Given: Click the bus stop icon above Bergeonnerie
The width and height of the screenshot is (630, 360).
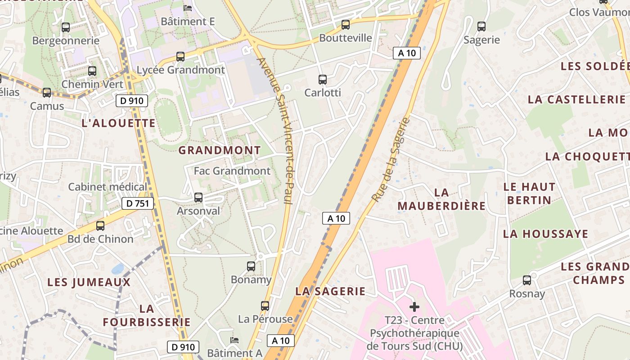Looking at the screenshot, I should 66,27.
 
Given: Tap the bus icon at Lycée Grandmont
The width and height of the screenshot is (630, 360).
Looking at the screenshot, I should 180,57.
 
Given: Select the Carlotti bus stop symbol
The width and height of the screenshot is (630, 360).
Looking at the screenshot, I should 323,80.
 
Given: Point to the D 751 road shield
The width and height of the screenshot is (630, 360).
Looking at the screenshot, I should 138,203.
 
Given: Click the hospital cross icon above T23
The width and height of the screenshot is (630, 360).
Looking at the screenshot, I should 414,307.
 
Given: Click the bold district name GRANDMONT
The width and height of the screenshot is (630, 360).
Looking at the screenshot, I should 220,150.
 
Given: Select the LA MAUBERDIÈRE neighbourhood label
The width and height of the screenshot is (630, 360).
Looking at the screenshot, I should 442,199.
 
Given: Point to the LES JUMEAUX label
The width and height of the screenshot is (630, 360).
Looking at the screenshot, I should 89,283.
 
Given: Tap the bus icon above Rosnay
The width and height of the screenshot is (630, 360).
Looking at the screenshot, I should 527,281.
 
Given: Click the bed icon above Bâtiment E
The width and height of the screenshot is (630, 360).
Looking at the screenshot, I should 188,8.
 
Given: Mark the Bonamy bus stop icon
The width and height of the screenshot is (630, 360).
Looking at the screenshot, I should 251,266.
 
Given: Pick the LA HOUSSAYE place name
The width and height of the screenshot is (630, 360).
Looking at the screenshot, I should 545,234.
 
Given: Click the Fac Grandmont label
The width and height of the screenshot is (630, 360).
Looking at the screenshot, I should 232,171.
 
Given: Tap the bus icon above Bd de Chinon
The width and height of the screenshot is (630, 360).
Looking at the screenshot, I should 100,226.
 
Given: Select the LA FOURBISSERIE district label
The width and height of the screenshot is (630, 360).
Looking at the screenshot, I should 147,315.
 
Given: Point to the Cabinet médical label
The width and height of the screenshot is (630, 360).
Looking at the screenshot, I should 108,187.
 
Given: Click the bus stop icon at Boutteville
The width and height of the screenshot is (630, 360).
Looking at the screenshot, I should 346,25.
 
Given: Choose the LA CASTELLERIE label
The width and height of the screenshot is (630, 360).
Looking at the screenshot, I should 576,99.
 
